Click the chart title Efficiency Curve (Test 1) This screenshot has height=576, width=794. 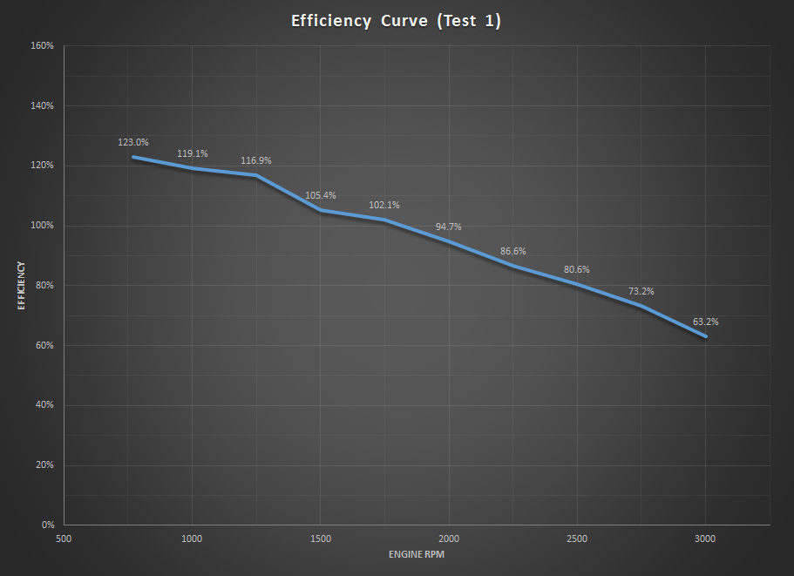click(x=397, y=22)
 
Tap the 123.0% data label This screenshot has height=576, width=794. click(x=133, y=142)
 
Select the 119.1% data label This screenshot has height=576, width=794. click(x=193, y=153)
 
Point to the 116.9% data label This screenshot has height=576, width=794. click(x=256, y=160)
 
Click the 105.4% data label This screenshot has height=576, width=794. click(x=320, y=195)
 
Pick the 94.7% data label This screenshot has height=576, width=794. click(x=448, y=227)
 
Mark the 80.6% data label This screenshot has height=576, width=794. click(x=577, y=269)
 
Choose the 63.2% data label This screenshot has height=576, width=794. click(x=705, y=322)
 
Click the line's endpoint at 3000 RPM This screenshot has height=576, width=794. click(x=705, y=335)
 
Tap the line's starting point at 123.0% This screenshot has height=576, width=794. click(x=133, y=157)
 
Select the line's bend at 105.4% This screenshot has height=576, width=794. click(x=320, y=209)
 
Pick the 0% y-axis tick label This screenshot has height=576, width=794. click(x=47, y=525)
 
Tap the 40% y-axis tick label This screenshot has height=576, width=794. click(x=44, y=405)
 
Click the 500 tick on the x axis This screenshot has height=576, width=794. click(x=64, y=539)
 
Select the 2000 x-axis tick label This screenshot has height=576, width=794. click(x=448, y=539)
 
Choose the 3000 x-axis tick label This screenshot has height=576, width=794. click(x=705, y=539)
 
